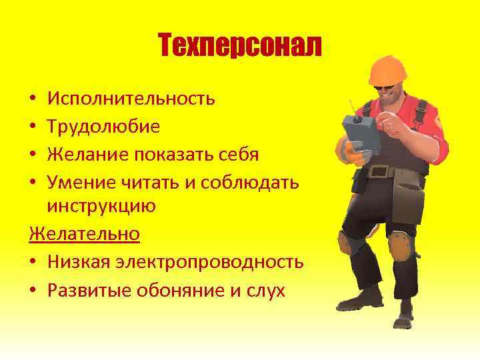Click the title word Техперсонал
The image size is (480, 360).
click(240, 45)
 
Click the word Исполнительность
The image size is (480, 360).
click(131, 99)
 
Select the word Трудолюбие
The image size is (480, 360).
click(103, 127)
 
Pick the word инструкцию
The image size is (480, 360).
click(101, 206)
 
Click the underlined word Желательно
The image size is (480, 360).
click(85, 234)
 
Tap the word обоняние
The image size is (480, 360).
click(177, 290)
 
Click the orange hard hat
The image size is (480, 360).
click(391, 70)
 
